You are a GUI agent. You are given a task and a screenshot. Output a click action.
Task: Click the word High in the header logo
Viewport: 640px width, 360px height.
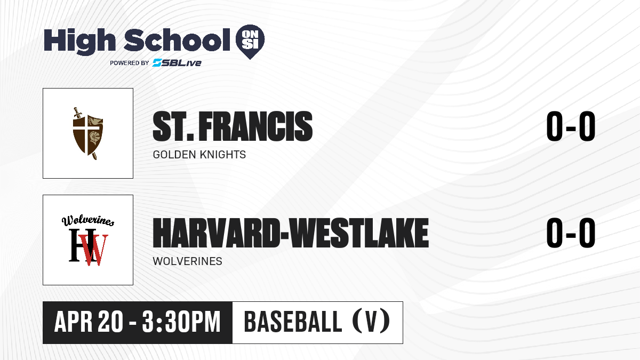79,42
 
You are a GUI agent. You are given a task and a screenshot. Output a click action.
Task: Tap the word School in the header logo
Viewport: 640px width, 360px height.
177,40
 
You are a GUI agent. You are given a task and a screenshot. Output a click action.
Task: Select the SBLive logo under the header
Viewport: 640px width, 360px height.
177,63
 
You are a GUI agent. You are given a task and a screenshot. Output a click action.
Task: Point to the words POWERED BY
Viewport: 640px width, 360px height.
129,63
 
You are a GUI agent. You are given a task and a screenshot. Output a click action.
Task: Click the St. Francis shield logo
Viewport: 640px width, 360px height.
87,133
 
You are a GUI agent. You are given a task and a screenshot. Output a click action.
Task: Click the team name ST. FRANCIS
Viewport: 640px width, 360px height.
233,126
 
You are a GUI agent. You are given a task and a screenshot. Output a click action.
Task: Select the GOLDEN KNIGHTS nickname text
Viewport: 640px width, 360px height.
199,155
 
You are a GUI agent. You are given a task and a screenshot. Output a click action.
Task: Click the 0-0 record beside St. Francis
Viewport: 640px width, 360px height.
571,126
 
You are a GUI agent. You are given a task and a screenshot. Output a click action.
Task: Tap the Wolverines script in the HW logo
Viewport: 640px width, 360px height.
88,220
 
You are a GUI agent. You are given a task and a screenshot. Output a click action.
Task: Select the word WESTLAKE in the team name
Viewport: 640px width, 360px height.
359,233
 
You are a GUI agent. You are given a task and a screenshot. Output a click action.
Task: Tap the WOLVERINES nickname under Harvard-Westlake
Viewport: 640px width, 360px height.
187,261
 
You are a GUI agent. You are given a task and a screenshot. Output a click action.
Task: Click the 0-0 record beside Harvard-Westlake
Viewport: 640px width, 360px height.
571,233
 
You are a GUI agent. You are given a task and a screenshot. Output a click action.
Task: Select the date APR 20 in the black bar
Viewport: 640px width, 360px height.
89,322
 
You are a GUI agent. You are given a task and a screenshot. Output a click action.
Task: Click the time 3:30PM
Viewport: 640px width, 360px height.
181,322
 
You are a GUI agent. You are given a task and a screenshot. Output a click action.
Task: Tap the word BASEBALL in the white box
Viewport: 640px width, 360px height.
293,322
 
